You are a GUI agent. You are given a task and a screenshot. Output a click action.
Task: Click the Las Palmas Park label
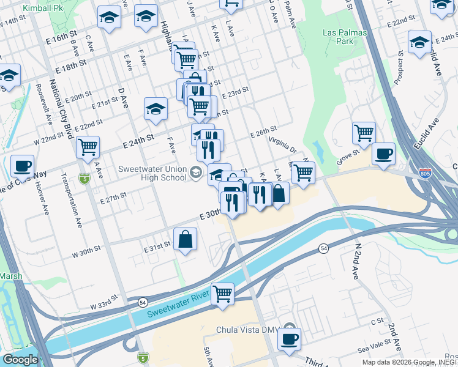tap(338, 37)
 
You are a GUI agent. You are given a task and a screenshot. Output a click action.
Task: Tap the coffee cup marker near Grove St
tap(383, 154)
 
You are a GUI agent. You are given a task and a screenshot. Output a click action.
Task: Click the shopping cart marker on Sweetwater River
tap(222, 294)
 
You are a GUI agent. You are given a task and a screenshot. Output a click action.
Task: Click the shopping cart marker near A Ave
tap(88, 147)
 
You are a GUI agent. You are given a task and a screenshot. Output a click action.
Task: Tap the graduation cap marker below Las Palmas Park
tap(419, 43)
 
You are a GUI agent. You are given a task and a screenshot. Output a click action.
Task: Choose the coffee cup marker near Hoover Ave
tap(23, 165)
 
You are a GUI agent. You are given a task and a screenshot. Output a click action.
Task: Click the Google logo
tap(20, 360)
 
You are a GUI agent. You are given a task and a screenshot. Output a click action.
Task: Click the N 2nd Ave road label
tap(356, 260)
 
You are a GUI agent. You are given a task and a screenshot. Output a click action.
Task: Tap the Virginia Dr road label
tap(282, 145)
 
